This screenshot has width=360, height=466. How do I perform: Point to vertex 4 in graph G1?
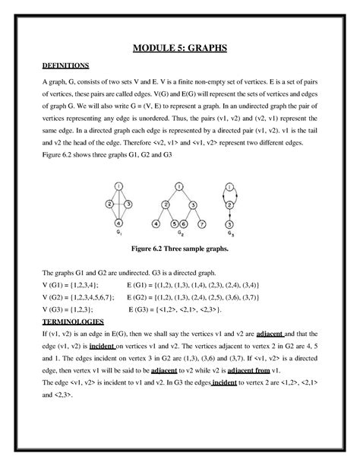(118, 223)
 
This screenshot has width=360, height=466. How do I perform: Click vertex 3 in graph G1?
(128, 204)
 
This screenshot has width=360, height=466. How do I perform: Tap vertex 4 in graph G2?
(155, 223)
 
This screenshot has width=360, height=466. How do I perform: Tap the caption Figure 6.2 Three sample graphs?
(180, 249)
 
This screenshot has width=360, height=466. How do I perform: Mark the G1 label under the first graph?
(118, 235)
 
